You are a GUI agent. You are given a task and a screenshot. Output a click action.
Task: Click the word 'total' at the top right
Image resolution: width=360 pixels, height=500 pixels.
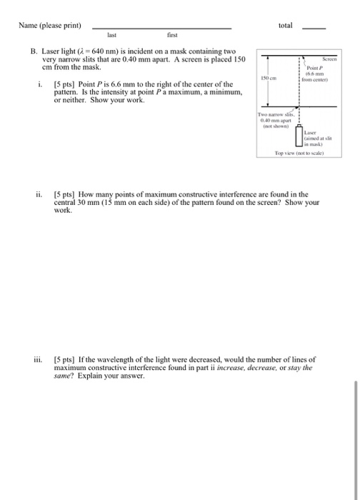coord(286,25)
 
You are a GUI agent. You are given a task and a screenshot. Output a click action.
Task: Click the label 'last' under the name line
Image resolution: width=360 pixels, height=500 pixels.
coord(111,34)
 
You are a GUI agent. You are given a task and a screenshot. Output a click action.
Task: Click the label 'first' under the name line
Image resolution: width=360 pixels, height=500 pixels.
coord(171,34)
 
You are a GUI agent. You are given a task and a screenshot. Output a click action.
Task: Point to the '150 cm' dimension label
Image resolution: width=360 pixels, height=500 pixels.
coord(268,79)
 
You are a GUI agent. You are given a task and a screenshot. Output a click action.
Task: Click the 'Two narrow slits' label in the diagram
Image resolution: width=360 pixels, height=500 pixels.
coord(274,115)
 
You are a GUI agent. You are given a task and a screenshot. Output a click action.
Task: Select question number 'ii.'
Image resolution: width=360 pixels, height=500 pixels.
coord(40,194)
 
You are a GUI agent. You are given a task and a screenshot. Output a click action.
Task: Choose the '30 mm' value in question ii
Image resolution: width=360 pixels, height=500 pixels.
coord(89,203)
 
